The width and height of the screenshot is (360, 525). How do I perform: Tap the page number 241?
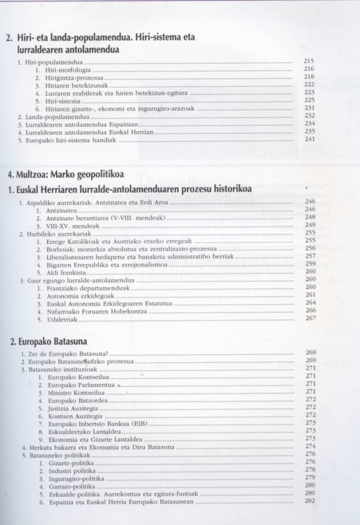(310, 139)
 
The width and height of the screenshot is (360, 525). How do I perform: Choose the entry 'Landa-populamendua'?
(52, 116)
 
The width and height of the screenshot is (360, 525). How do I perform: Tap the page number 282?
(310, 501)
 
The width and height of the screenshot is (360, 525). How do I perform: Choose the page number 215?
(310, 61)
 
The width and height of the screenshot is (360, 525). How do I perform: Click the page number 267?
(310, 318)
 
